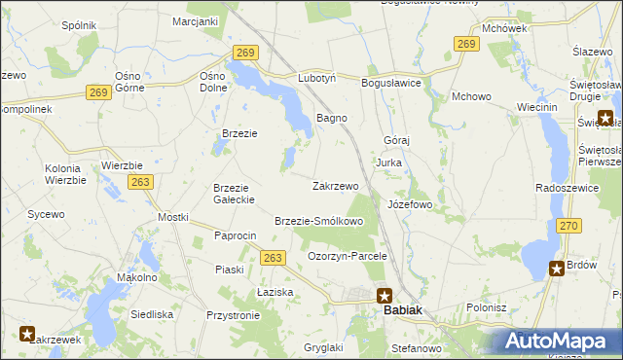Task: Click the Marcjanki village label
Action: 195,20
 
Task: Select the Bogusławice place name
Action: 390,84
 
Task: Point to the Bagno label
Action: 332,118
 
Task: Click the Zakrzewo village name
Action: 335,185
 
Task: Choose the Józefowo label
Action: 409,205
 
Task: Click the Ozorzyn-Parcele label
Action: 348,256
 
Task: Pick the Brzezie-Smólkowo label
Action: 319,221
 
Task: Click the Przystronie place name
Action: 233,315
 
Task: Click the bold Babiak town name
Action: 403,309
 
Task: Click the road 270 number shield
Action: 569,226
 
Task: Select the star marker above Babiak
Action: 385,296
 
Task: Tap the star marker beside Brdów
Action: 556,270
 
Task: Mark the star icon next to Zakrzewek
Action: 26,334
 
